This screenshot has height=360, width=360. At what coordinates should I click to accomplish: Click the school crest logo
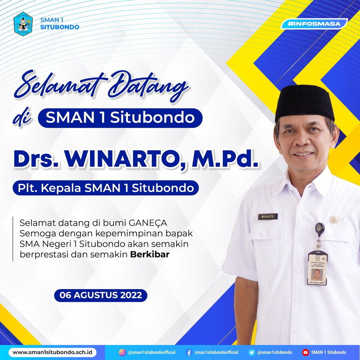click(x=23, y=23)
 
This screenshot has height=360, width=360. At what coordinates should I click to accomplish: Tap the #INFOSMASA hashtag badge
click(x=314, y=24)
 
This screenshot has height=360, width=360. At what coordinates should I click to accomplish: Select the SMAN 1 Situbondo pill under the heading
click(x=120, y=118)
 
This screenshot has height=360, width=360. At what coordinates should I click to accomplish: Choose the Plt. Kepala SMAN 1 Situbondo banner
click(x=105, y=187)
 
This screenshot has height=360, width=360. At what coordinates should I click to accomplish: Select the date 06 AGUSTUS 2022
click(x=100, y=295)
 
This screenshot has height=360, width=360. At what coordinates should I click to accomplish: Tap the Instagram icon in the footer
click(x=122, y=352)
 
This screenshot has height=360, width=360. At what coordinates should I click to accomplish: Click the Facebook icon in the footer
click(x=189, y=352)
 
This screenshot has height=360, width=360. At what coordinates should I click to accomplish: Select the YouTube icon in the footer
click(x=305, y=352)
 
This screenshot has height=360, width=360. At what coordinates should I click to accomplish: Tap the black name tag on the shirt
click(x=268, y=216)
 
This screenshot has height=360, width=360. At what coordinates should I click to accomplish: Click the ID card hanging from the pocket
click(x=317, y=268)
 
